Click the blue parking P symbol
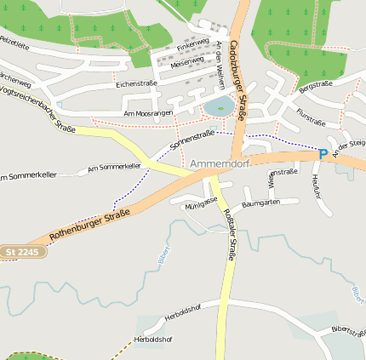point(323,154)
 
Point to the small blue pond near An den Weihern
point(218,106)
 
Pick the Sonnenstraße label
point(192,140)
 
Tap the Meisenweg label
point(187,61)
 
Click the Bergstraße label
point(315,86)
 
